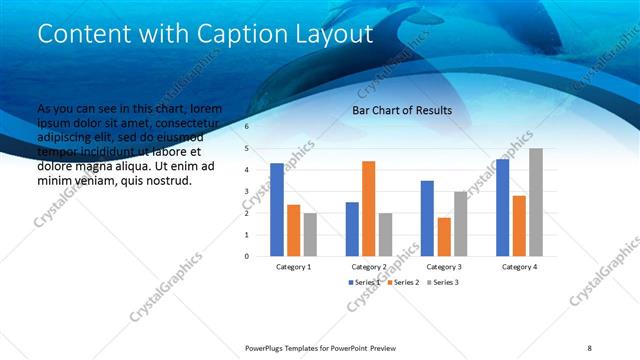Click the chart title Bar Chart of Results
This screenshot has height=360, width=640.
tap(401, 110)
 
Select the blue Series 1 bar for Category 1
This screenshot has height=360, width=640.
tap(277, 209)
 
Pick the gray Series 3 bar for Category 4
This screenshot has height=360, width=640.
tap(536, 202)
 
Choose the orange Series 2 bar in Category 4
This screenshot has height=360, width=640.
tap(519, 225)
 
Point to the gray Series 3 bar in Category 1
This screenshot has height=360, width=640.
tap(310, 234)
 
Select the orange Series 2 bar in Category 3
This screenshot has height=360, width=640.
tap(444, 236)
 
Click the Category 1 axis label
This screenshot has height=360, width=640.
tap(293, 267)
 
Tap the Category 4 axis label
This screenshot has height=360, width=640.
tap(519, 267)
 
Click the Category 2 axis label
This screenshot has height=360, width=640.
tap(369, 267)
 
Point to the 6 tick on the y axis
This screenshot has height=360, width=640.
tap(247, 127)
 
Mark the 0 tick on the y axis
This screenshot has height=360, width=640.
tap(247, 256)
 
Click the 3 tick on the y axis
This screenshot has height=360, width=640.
tap(247, 191)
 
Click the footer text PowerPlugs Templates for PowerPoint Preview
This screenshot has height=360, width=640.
tap(320, 347)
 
